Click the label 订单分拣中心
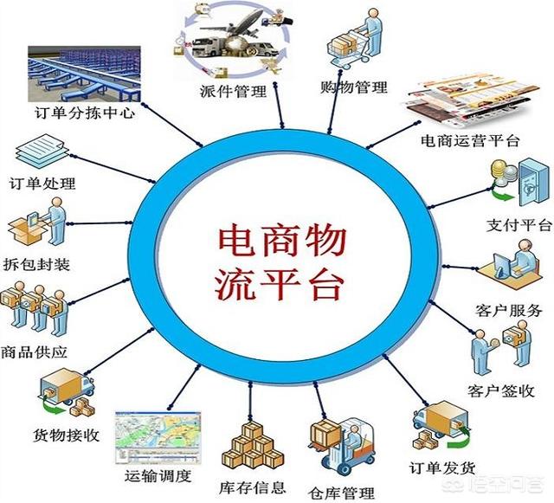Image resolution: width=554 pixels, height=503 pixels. pos(85,113)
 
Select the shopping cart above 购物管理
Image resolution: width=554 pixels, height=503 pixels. pos(344,50)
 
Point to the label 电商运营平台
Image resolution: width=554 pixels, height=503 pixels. pos(470,141)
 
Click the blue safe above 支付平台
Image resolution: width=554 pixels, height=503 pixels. pos(532,182)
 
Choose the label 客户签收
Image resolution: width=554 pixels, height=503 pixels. pos(501,390)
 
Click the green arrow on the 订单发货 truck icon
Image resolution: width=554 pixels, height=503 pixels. pos(459,439)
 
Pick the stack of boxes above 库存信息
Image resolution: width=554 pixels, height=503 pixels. pos(253,445)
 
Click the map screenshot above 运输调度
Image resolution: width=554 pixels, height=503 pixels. pos(158,437)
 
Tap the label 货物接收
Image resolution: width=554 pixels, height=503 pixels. pos(66,435)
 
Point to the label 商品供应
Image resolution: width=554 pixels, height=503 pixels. pos(34,352)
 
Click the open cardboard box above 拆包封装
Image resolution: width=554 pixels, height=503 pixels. pos(27,231)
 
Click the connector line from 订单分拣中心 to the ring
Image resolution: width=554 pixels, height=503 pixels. pos(172,125)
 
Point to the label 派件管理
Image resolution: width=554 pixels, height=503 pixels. pos(233,91)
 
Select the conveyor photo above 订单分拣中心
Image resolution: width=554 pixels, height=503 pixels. pos(85,74)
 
